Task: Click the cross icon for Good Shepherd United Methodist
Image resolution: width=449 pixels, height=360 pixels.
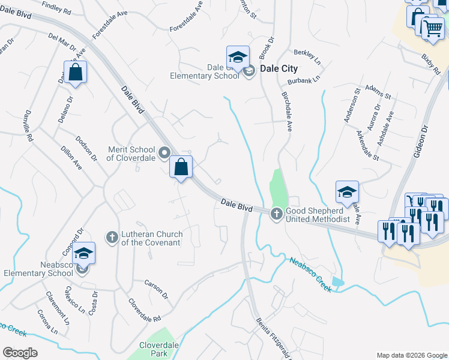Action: [x=277, y=212]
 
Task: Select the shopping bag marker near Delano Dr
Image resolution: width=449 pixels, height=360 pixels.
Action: [x=76, y=73]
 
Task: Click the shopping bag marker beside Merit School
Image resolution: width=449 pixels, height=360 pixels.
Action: [x=181, y=167]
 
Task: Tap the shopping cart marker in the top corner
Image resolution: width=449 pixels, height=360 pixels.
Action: [x=432, y=28]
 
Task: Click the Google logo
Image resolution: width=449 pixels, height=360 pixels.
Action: [x=20, y=353]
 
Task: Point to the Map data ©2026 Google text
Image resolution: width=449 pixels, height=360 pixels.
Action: [x=411, y=355]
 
